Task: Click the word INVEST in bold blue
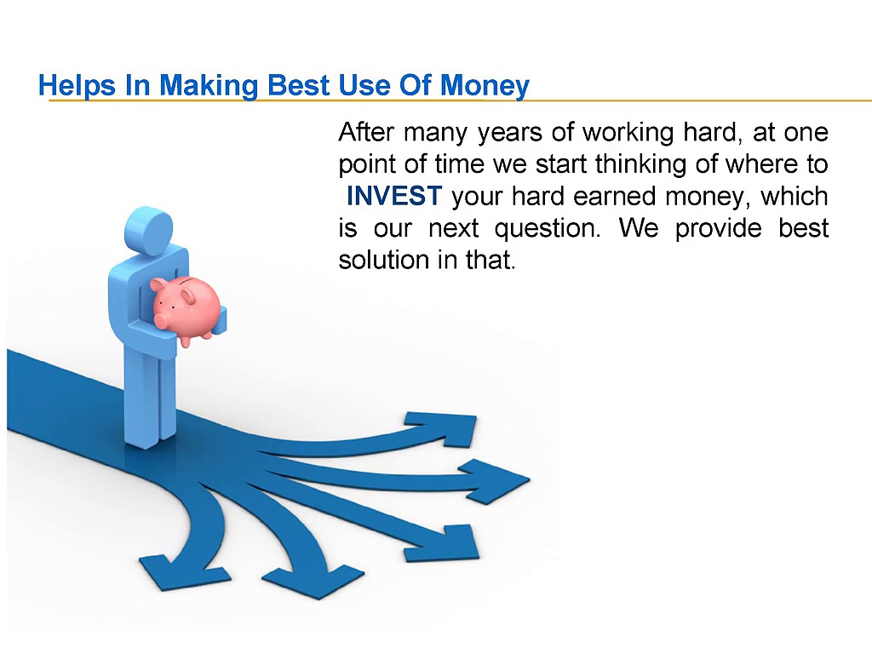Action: (x=393, y=197)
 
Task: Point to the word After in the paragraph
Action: (x=366, y=133)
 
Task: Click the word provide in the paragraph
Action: (x=714, y=229)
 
